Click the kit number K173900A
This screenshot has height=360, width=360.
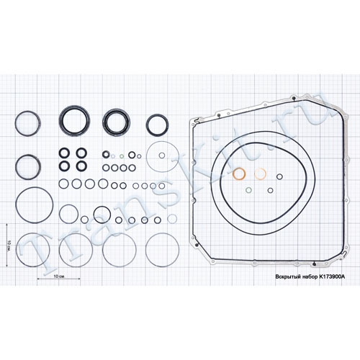pyautogui.click(x=332, y=276)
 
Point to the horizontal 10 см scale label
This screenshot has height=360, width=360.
pyautogui.click(x=59, y=276)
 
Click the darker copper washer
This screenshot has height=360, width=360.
pyautogui.click(x=239, y=174)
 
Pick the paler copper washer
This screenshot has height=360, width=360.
pyautogui.click(x=260, y=174)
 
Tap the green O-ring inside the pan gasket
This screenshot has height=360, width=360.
pyautogui.click(x=248, y=190)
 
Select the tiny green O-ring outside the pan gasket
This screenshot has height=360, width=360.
pyautogui.click(x=122, y=156)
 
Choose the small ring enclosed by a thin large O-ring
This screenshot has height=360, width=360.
pyautogui.click(x=162, y=156)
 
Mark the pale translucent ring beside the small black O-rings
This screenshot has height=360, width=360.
pyautogui.click(x=172, y=219)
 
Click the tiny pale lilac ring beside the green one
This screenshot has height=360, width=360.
pyautogui.click(x=113, y=156)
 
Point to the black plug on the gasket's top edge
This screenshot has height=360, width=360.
pyautogui.click(x=293, y=98)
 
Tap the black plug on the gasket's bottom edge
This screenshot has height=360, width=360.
pyautogui.click(x=315, y=264)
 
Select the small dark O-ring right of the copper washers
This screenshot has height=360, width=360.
pyautogui.click(x=279, y=176)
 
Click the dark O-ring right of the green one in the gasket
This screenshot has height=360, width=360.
pyautogui.click(x=270, y=190)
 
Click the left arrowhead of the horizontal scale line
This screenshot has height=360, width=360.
pyautogui.click(x=38, y=279)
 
